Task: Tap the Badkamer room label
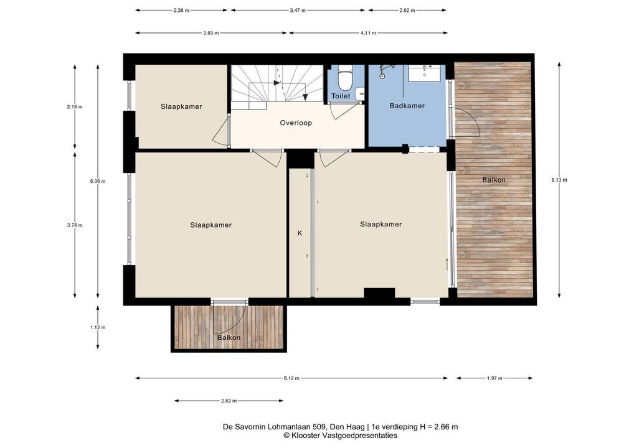[407, 106]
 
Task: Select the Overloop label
[296, 123]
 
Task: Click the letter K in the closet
[300, 233]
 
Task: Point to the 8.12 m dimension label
[291, 378]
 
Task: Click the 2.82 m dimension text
[229, 401]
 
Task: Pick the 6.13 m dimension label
[559, 180]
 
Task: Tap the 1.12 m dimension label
[98, 328]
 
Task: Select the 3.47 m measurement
[298, 11]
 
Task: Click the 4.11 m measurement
[368, 33]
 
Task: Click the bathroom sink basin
[425, 73]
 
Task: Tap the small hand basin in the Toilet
[360, 94]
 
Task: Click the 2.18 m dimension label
[75, 107]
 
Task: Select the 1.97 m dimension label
[494, 378]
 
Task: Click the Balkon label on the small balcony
[229, 338]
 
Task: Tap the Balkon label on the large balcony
[494, 180]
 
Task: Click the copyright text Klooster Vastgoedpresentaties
[341, 436]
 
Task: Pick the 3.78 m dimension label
[75, 225]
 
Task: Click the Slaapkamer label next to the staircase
[181, 106]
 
